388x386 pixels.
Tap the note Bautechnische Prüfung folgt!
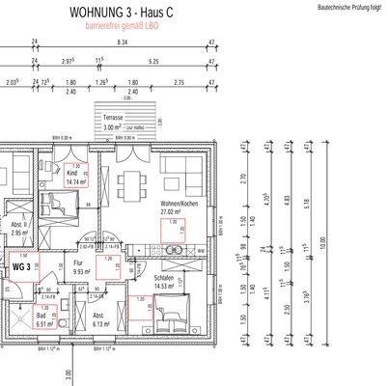[349, 7]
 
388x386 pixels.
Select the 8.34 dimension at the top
[122, 42]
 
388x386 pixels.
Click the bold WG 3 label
[22, 264]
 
